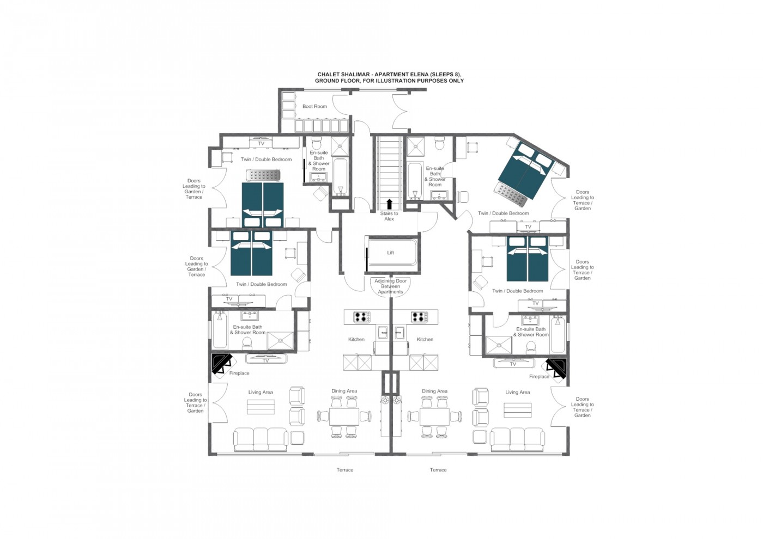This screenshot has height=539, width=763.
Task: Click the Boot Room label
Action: click(314, 106)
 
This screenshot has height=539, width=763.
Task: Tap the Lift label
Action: click(390, 253)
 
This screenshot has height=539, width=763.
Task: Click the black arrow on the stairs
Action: click(389, 204)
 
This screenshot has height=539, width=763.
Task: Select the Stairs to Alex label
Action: click(389, 216)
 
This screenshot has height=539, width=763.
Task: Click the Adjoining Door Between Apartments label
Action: click(390, 286)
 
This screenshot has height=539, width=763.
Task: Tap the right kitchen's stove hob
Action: click(419, 316)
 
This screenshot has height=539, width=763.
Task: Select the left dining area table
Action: click(344, 417)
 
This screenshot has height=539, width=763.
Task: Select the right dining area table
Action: click(434, 417)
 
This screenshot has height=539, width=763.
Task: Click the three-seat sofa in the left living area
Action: click(261, 439)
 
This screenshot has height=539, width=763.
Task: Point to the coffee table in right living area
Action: click(517, 410)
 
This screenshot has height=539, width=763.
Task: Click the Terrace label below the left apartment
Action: click(344, 470)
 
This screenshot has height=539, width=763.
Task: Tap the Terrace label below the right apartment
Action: click(438, 470)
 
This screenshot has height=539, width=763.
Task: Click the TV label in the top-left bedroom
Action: click(261, 144)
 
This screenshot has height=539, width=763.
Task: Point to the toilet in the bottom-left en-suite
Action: click(246, 343)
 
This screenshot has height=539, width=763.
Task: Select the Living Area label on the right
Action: click(517, 392)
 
